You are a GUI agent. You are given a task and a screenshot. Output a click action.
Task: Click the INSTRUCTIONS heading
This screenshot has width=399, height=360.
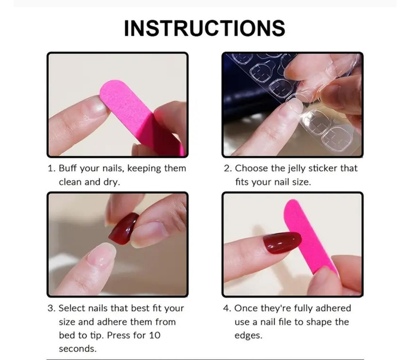click(204, 28)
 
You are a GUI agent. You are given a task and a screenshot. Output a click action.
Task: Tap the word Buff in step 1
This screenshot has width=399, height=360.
click(67, 168)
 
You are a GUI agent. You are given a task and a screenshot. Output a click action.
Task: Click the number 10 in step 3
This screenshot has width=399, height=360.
click(155, 335)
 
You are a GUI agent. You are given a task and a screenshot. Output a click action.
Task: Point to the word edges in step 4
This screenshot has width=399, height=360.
click(248, 336)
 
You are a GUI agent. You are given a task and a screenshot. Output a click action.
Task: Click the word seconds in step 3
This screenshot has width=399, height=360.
click(78, 349)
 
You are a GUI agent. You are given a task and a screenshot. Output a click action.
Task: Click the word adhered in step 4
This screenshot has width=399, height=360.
click(334, 308)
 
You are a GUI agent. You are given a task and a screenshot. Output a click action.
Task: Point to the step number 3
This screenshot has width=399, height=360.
click(51, 308)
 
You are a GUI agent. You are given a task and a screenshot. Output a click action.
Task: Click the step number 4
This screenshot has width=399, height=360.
click(227, 308)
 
